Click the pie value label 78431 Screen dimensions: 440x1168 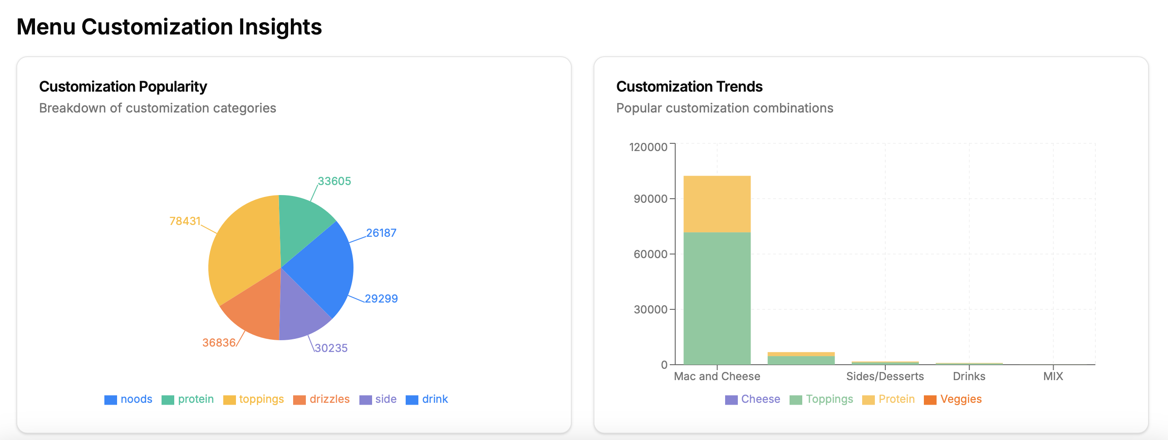tap(185, 221)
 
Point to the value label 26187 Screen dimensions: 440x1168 tap(381, 233)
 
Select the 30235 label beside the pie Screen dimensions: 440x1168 tap(331, 348)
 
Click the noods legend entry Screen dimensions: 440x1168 tap(128, 399)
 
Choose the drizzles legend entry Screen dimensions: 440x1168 tap(322, 399)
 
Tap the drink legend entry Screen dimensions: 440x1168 tap(427, 399)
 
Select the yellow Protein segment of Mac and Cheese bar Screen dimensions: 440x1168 tap(717, 204)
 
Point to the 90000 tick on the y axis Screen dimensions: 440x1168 tap(650, 199)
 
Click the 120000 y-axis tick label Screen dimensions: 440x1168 tap(648, 147)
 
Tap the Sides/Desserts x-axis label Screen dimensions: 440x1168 tap(885, 376)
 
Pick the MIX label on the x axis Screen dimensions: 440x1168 tap(1053, 376)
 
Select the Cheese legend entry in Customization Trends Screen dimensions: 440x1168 tap(753, 399)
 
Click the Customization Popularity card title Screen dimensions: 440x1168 tap(123, 86)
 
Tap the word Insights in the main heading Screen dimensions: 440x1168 tap(280, 27)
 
